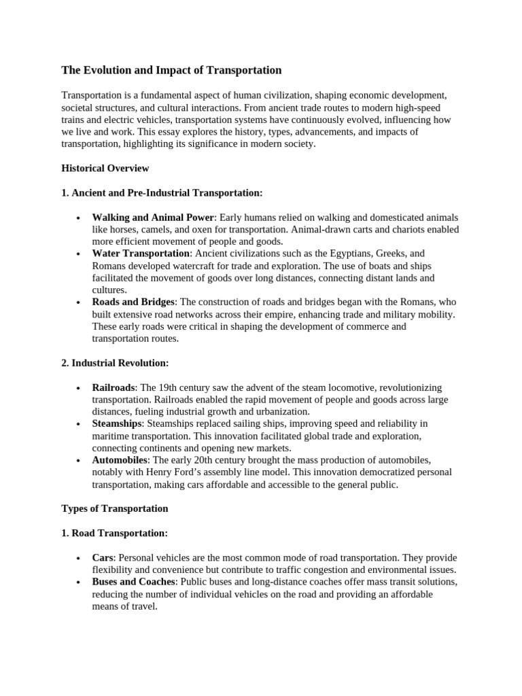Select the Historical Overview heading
pos(105,168)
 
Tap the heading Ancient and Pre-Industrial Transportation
pos(162,193)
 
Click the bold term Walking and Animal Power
pos(153,217)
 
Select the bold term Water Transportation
pos(141,254)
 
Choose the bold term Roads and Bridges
pos(133,302)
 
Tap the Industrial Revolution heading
pos(115,363)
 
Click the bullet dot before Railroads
pos(79,387)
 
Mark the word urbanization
pos(281,411)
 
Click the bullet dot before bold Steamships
pos(79,423)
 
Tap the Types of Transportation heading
pos(115,508)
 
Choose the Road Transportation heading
pos(114,533)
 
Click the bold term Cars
pos(103,557)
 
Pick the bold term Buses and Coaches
pos(134,582)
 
